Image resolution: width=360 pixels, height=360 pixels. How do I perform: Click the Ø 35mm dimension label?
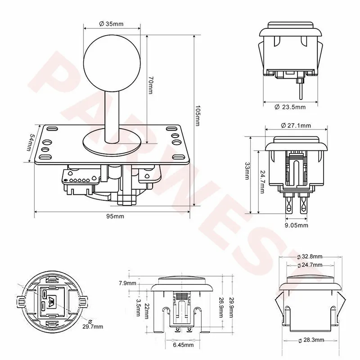pos(111,24)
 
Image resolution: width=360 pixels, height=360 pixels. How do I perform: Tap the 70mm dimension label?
pos(150,85)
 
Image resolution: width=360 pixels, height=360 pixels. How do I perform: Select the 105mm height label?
pos(197,116)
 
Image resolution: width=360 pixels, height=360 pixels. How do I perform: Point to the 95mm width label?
pos(115,216)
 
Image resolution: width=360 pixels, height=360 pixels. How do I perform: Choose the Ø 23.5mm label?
pos(290,107)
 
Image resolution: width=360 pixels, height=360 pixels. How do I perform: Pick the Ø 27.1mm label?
pos(296,126)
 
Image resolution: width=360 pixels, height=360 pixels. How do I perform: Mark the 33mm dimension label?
pos(247,171)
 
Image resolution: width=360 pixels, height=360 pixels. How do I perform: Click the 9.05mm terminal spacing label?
pos(297,225)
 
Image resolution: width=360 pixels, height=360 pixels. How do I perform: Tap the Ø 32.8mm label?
pos(310,256)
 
